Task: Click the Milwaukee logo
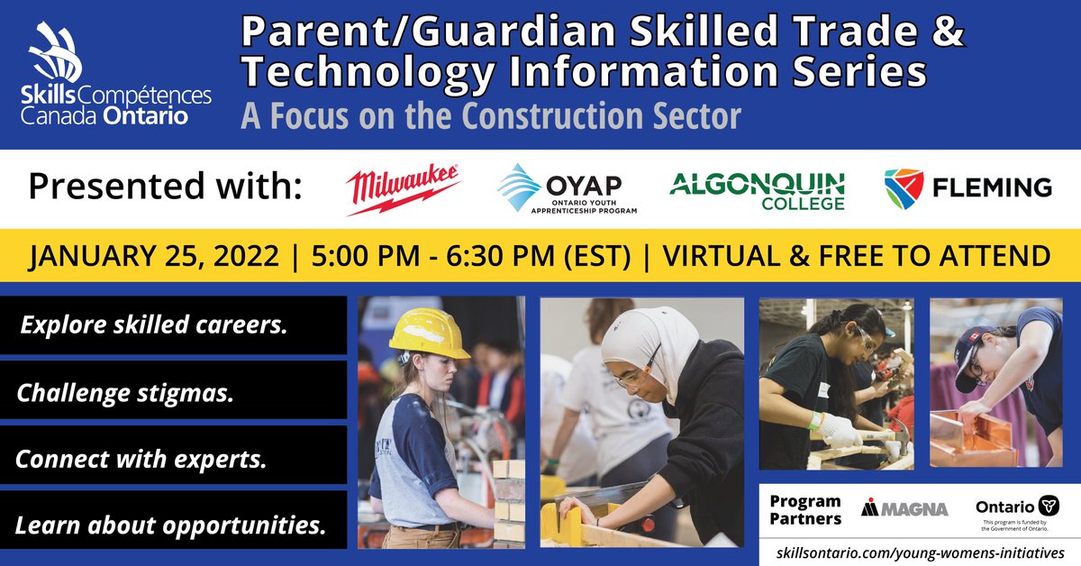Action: [404, 187]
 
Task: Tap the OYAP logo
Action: [568, 188]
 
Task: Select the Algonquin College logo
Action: [757, 188]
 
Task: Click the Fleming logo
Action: [967, 187]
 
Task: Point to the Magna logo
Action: [904, 508]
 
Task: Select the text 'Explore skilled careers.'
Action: [154, 324]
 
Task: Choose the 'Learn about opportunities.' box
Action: [171, 525]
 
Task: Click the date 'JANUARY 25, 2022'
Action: [153, 255]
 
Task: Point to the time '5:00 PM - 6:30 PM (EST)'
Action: [470, 255]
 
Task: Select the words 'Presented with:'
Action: [164, 187]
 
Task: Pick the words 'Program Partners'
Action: [805, 509]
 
